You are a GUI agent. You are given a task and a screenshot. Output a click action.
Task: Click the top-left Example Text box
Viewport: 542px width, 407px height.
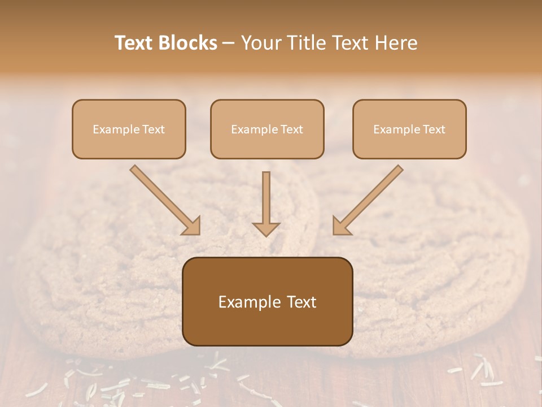129,129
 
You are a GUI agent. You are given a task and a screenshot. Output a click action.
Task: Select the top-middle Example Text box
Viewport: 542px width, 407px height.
267,129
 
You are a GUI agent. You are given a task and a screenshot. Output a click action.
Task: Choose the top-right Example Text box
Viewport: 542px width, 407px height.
409,129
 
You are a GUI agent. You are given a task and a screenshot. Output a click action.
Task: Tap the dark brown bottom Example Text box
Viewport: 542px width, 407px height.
267,301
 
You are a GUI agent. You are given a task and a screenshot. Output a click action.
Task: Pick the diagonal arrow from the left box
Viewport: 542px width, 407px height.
164,198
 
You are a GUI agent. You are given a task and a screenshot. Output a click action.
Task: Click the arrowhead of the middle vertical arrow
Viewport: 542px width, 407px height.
266,228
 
